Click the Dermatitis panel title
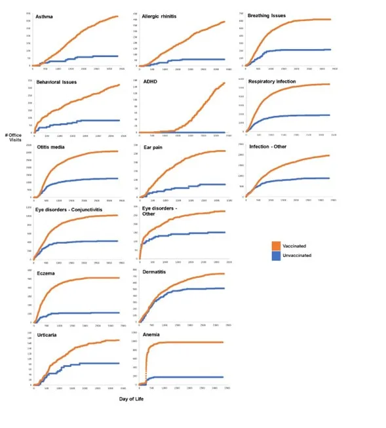coord(159,270)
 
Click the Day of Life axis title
coord(132,398)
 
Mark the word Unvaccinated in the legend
coord(298,256)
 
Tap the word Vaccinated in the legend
coord(296,246)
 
